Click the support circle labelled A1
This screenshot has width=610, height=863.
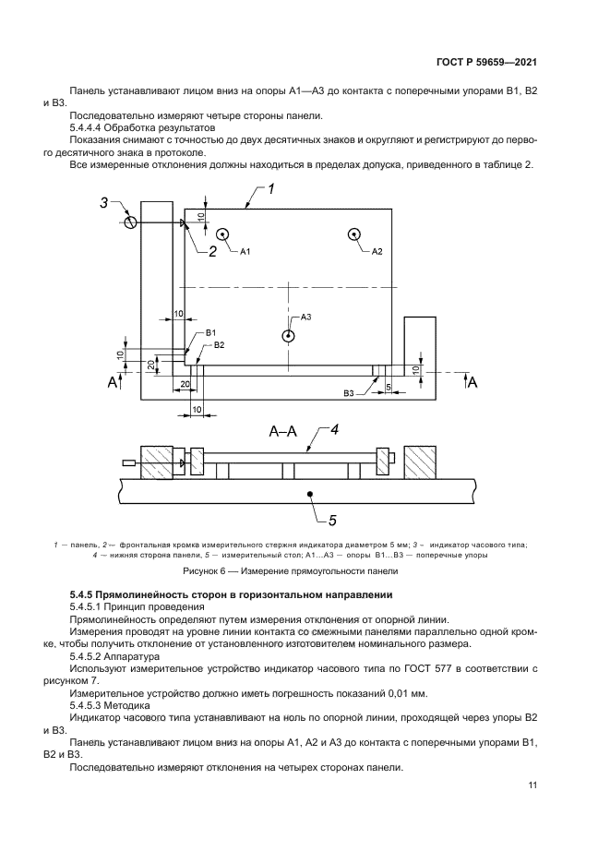tap(221, 235)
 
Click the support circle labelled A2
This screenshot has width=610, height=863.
tap(355, 235)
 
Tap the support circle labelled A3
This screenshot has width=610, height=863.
tap(289, 336)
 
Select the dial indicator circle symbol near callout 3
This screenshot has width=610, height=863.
tap(132, 222)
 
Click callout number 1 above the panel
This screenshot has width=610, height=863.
tap(273, 190)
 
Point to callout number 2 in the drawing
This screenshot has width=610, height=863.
tap(211, 250)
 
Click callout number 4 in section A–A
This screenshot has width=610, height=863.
tap(336, 428)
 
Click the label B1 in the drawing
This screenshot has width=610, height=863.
tap(211, 332)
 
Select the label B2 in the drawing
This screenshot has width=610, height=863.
tap(219, 344)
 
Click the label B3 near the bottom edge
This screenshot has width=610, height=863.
tap(349, 394)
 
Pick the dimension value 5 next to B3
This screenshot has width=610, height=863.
tap(388, 386)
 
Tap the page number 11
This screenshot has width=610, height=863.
tap(532, 785)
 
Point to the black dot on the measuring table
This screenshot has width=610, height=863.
tap(311, 495)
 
